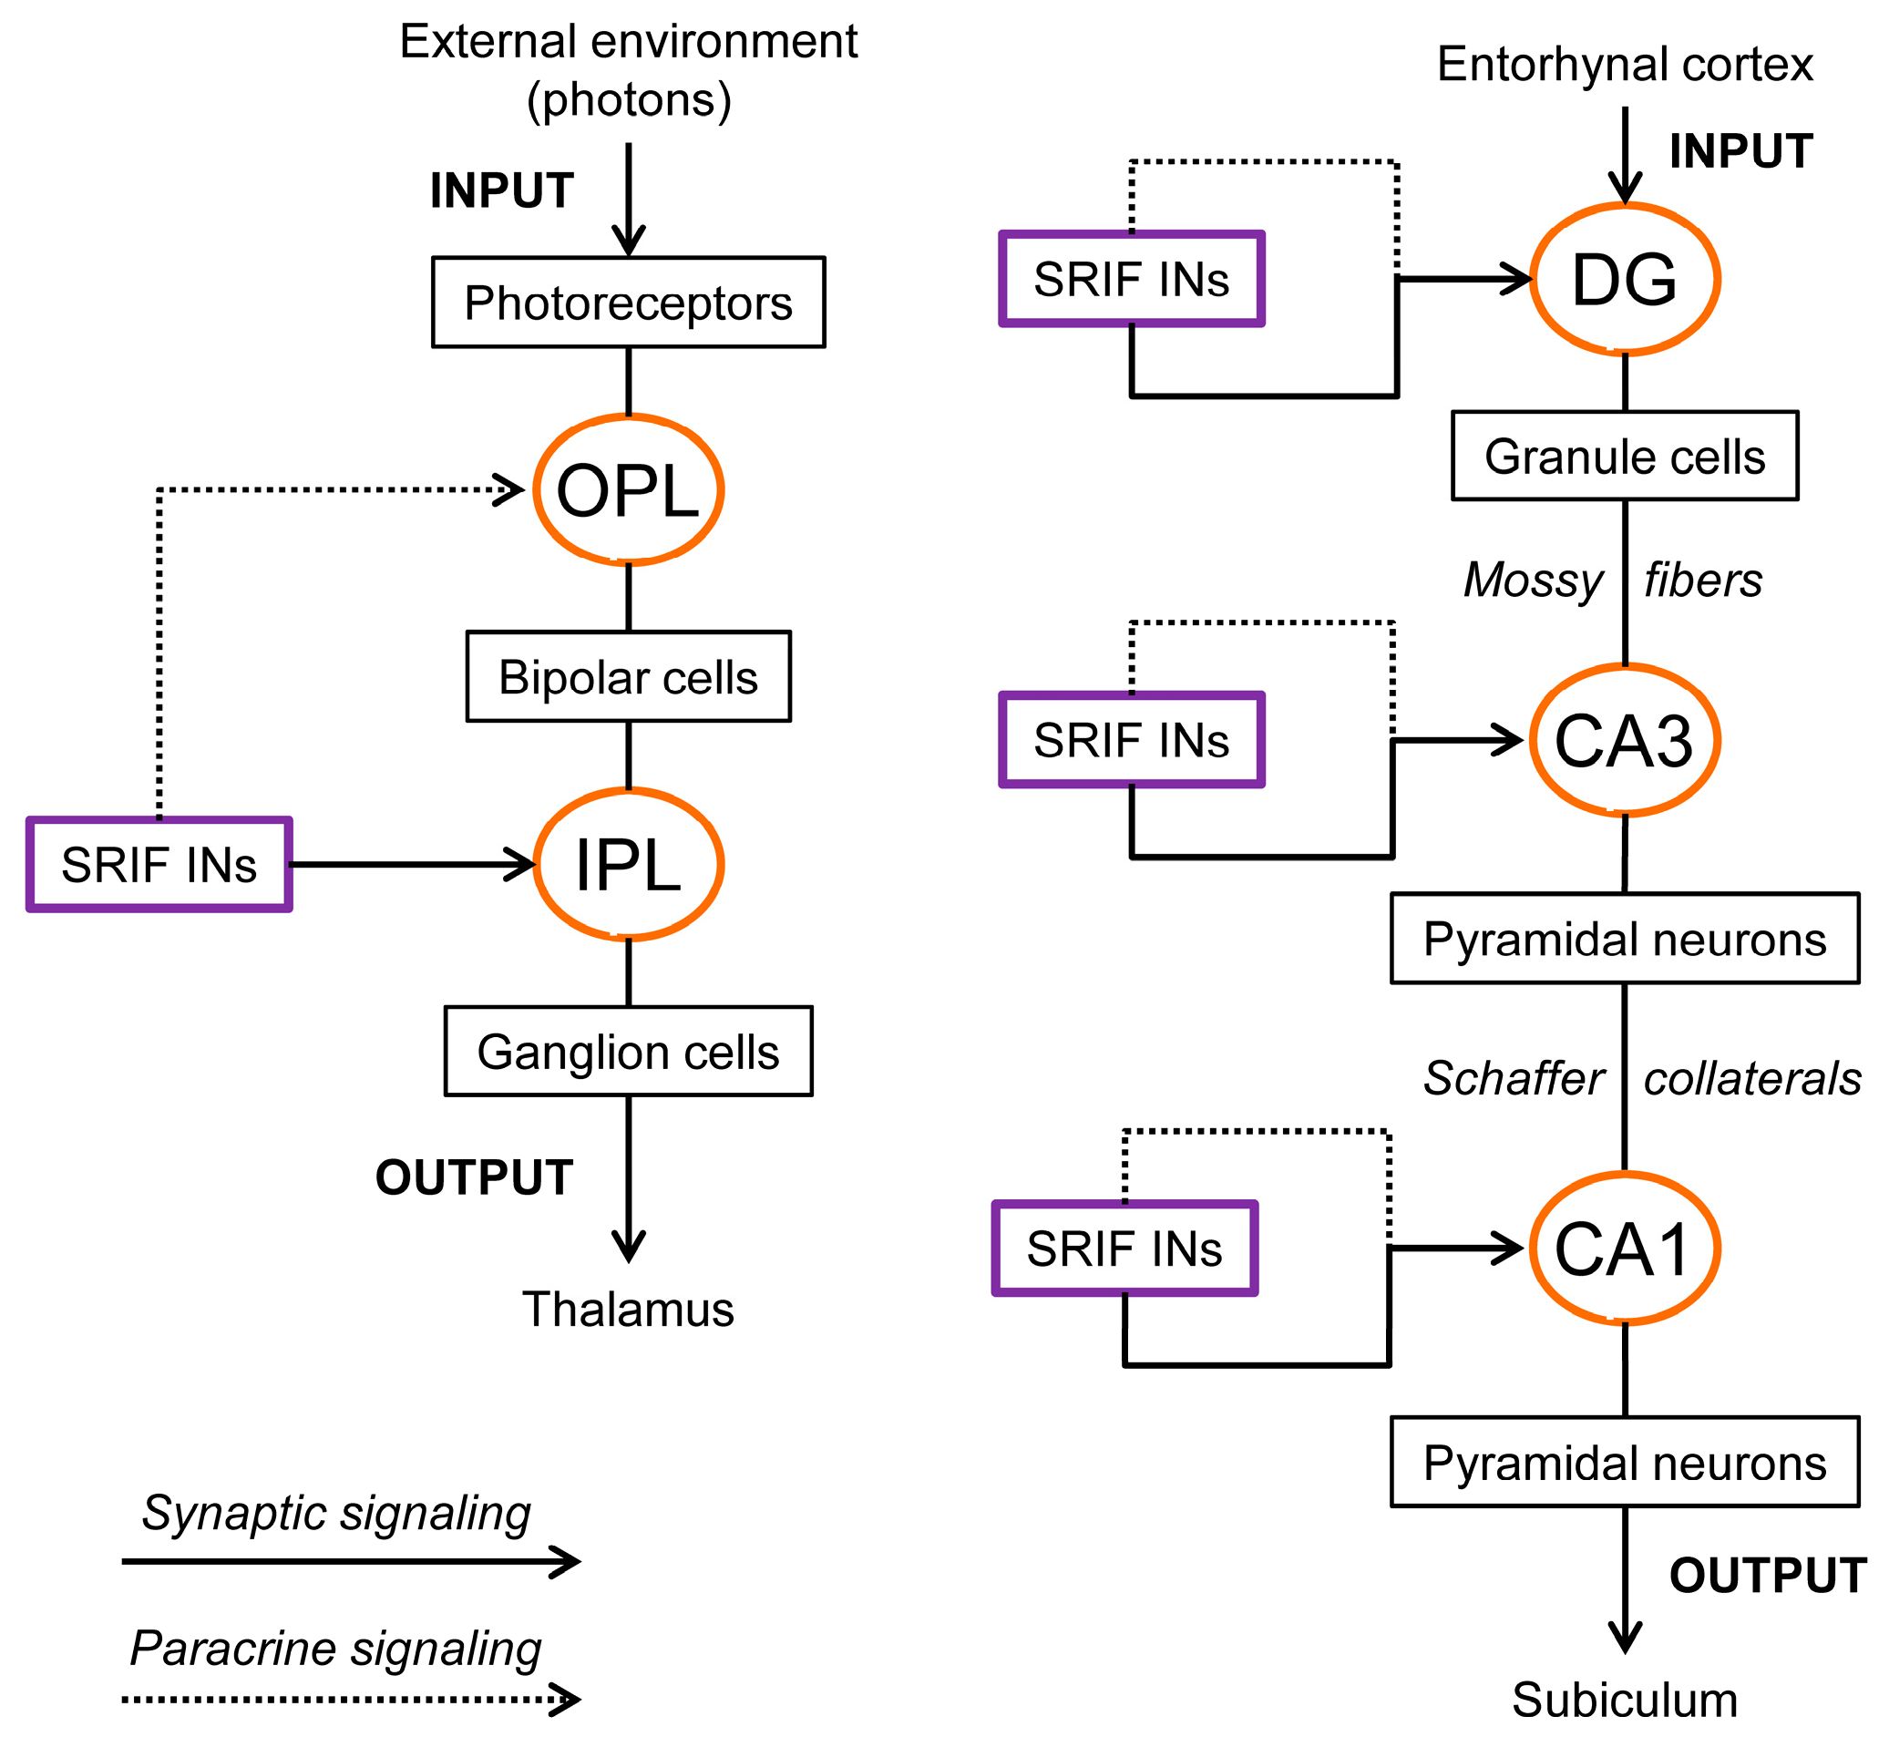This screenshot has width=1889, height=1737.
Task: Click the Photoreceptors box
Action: coord(628,303)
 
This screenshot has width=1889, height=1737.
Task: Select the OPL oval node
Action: coord(628,489)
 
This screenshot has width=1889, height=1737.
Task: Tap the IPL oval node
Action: coord(628,864)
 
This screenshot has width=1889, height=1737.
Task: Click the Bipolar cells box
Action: coord(628,677)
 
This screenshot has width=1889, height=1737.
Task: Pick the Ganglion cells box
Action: coord(628,1051)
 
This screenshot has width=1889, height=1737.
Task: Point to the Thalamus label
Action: coord(628,1309)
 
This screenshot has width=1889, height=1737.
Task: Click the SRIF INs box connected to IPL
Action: coord(159,864)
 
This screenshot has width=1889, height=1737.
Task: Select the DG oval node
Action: coord(1624,279)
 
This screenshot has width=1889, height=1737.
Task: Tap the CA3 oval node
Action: coord(1624,741)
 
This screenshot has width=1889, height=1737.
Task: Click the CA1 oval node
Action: coord(1624,1249)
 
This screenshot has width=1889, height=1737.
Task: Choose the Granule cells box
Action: coord(1624,456)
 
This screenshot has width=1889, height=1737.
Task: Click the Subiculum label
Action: coord(1624,1700)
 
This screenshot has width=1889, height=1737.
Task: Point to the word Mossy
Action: coord(1533,580)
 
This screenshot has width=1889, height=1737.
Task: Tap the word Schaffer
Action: coord(1513,1078)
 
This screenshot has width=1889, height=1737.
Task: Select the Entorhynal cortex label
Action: coord(1624,64)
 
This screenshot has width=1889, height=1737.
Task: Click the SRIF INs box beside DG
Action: coord(1132,279)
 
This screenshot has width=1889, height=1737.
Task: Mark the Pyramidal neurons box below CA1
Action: coord(1624,1463)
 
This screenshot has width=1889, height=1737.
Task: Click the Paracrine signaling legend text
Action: coord(335,1648)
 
